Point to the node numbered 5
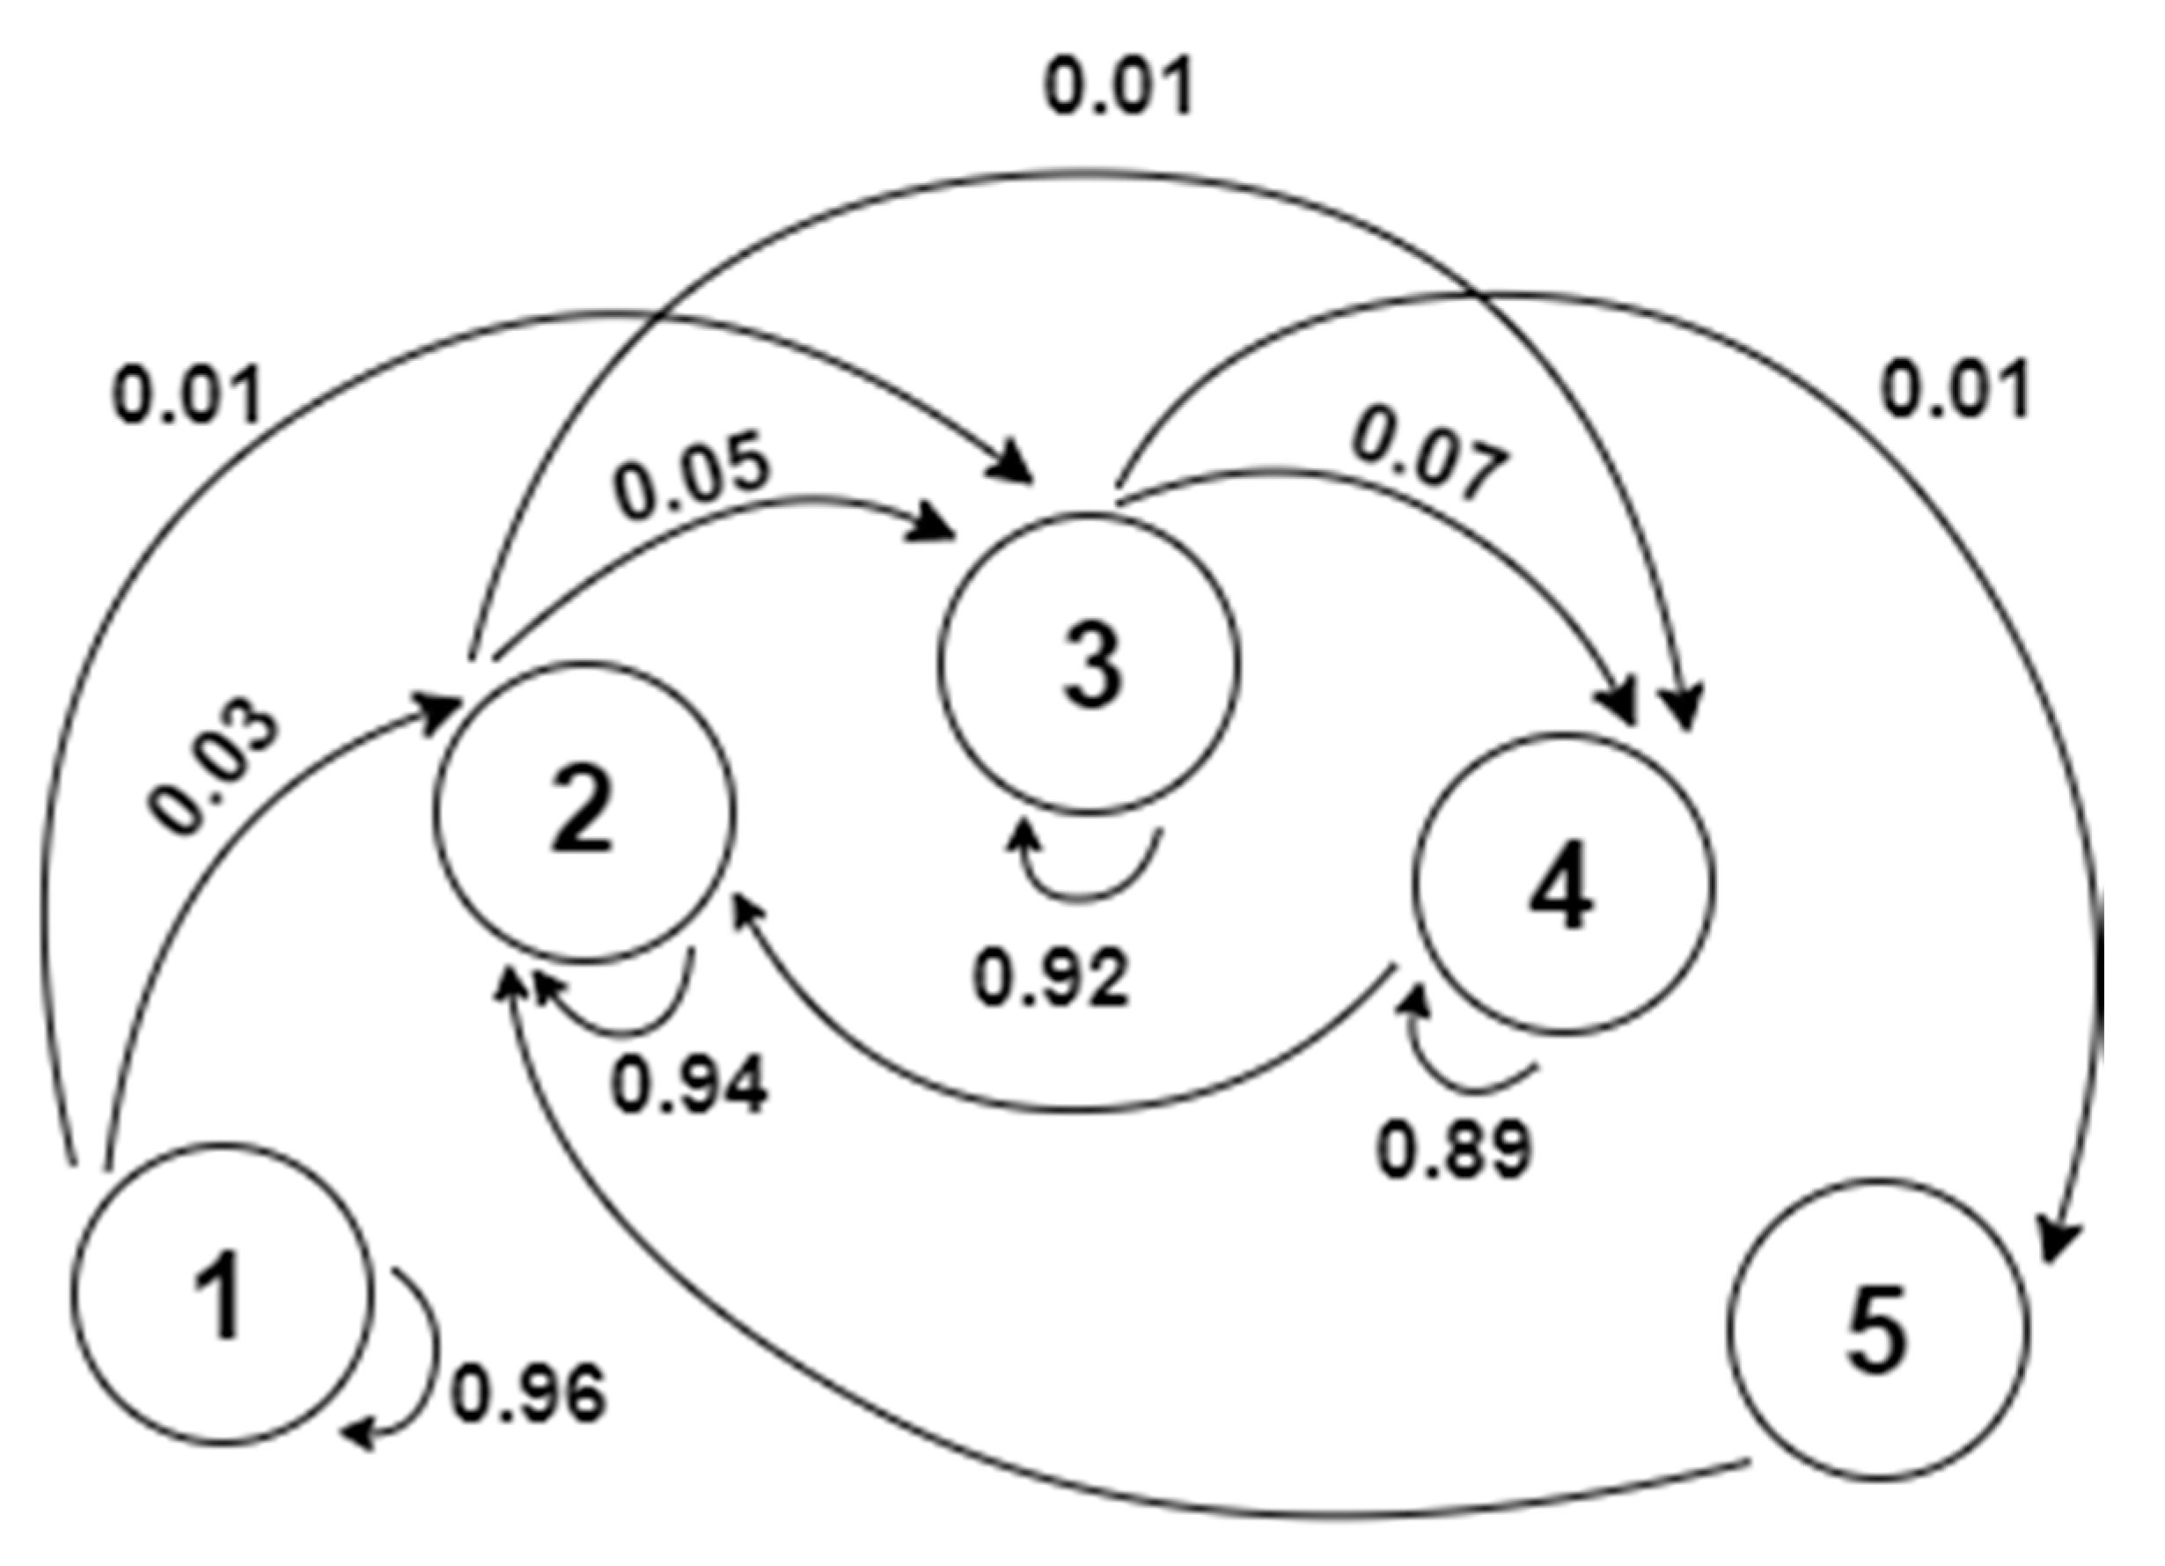point(1876,1331)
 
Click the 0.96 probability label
point(528,1393)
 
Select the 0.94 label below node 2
point(689,1085)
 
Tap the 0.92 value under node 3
point(1051,979)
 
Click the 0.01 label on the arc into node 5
point(1955,390)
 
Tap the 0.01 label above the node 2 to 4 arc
point(1119,88)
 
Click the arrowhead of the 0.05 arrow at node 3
point(936,525)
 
